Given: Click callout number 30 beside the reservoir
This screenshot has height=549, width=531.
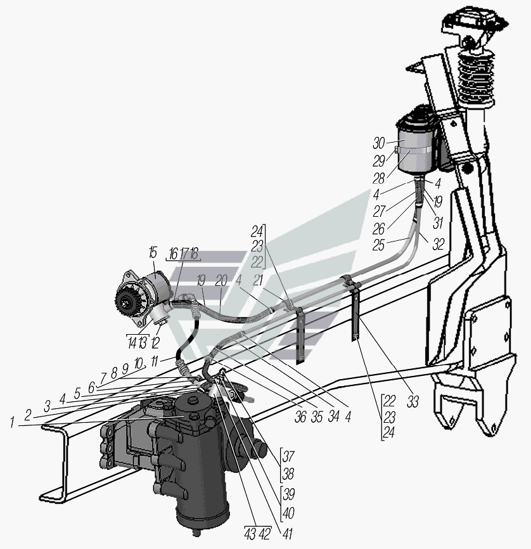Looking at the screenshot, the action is [379, 143].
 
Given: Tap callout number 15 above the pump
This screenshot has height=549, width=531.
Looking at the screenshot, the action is [153, 252].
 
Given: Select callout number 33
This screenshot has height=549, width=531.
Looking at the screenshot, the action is [413, 403].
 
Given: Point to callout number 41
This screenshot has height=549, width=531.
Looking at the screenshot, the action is [286, 534].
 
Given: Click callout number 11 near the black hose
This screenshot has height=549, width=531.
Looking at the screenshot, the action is [155, 361].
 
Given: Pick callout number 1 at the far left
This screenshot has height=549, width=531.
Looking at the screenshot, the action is [12, 423].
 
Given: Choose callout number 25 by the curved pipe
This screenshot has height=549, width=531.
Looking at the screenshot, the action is [378, 245].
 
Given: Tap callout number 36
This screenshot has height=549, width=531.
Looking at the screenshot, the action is [300, 417].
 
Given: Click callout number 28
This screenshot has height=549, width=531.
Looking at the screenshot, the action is [378, 179].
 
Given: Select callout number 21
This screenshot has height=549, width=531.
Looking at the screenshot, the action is [258, 280].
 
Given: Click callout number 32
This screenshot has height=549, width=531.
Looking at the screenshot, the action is [438, 245].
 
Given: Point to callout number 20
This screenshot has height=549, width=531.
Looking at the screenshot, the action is [221, 280].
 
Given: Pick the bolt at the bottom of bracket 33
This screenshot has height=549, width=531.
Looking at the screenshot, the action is [356, 337].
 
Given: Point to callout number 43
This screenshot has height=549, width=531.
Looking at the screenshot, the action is [250, 534].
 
